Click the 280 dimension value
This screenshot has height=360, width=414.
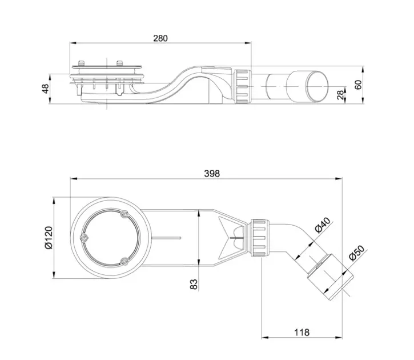(160, 38)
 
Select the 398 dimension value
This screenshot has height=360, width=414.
(212, 174)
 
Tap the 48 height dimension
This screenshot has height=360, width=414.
(46, 89)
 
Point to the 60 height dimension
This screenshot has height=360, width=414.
(358, 85)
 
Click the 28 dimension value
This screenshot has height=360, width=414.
(340, 95)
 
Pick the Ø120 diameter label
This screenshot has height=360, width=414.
(49, 238)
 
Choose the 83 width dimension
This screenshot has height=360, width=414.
(194, 284)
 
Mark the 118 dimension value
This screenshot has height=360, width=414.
(302, 332)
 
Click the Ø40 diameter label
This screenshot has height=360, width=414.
(323, 225)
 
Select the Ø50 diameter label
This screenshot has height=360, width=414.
(356, 253)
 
